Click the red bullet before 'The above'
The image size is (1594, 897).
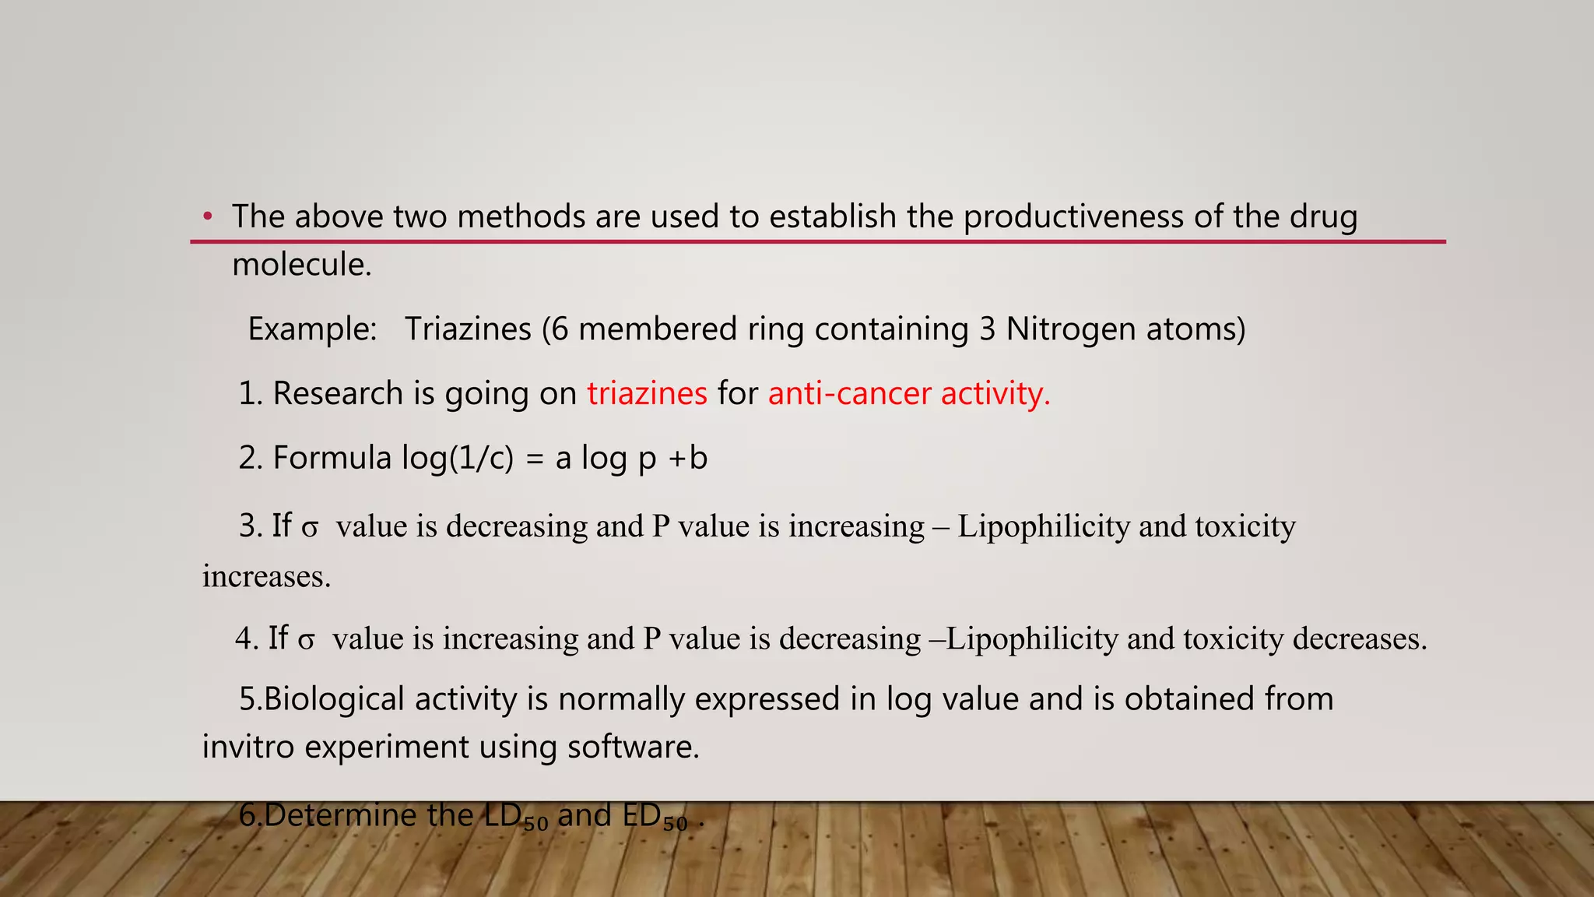[207, 216]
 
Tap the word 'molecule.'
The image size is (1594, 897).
[302, 265]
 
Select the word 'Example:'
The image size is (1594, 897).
[312, 329]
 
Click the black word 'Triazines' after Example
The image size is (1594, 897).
[468, 329]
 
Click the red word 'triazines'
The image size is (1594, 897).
[647, 393]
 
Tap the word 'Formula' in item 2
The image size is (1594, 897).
[332, 458]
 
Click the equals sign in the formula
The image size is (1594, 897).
[534, 459]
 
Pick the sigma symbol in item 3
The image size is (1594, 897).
[310, 529]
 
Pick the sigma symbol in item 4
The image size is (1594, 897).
[307, 641]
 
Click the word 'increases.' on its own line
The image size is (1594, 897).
[266, 577]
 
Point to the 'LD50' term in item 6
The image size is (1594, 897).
[516, 817]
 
